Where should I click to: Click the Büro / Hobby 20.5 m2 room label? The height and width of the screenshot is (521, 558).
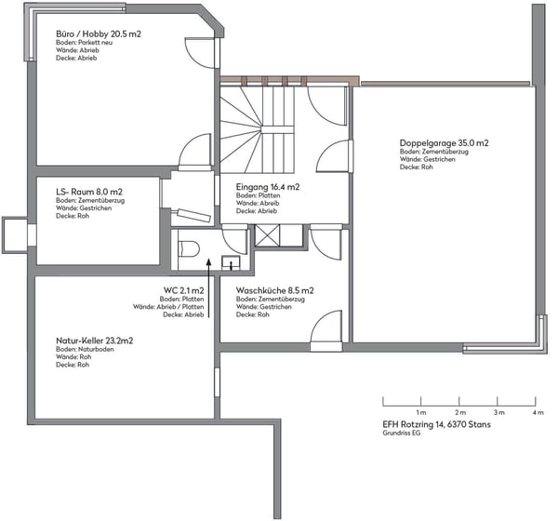pyautogui.click(x=99, y=33)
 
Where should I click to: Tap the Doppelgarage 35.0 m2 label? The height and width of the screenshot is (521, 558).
pyautogui.click(x=445, y=142)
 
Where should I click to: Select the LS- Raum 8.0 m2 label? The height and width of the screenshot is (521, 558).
pyautogui.click(x=89, y=192)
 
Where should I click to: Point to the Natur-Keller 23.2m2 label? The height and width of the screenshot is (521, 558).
pyautogui.click(x=95, y=341)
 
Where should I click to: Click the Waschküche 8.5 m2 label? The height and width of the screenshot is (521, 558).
pyautogui.click(x=275, y=290)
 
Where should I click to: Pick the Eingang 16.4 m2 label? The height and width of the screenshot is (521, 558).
pyautogui.click(x=268, y=187)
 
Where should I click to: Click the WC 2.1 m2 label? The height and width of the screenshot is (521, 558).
pyautogui.click(x=184, y=290)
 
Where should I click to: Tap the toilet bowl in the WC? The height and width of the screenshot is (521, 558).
pyautogui.click(x=189, y=248)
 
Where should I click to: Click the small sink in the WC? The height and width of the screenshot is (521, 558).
pyautogui.click(x=231, y=262)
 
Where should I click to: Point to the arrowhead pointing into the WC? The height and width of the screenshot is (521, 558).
pyautogui.click(x=209, y=261)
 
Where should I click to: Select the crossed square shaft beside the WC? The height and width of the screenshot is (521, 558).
pyautogui.click(x=268, y=235)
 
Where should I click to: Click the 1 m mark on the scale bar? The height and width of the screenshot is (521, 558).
pyautogui.click(x=421, y=401)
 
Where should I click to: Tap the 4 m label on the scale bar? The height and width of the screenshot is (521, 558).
pyautogui.click(x=538, y=412)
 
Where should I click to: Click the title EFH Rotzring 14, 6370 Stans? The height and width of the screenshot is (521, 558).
pyautogui.click(x=437, y=424)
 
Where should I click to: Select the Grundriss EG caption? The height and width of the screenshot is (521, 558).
pyautogui.click(x=402, y=433)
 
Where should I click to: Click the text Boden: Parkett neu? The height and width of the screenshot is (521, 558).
pyautogui.click(x=85, y=43)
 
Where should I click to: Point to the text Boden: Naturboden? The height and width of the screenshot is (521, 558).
pyautogui.click(x=85, y=349)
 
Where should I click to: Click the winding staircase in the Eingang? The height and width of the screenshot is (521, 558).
pyautogui.click(x=258, y=129)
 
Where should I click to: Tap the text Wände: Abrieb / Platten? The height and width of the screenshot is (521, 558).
pyautogui.click(x=168, y=307)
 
